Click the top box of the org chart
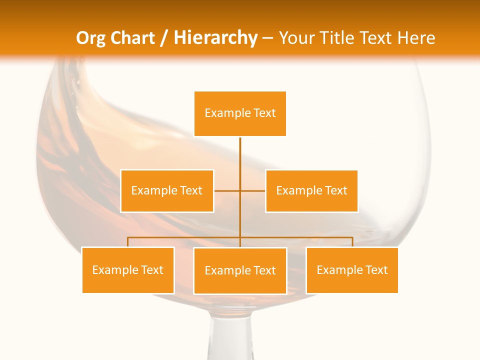coord(240,113)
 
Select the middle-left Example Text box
coord(167,190)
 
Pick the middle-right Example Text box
coord(311,190)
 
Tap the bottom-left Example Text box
coord(128,270)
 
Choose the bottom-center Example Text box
coord(240,270)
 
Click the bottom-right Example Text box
coord(352,270)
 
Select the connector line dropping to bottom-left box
coord(128,242)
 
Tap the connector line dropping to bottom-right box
coord(352,242)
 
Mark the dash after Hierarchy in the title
coord(268,38)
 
